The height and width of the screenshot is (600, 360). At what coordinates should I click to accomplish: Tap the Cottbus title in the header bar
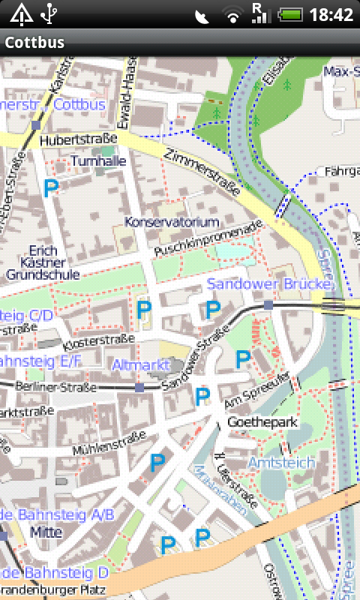click(34, 43)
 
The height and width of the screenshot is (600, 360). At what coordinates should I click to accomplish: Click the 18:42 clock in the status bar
click(331, 14)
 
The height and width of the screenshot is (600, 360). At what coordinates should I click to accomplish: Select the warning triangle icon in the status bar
click(20, 13)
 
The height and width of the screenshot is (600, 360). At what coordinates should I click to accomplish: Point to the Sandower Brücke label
click(268, 284)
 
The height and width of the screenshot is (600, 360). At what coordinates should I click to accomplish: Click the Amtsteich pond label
click(281, 463)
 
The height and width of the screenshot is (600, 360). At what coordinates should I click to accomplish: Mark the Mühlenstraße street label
click(107, 443)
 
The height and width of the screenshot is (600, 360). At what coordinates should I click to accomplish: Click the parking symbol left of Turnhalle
click(51, 188)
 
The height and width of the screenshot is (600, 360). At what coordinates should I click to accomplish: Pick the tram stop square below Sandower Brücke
click(268, 305)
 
